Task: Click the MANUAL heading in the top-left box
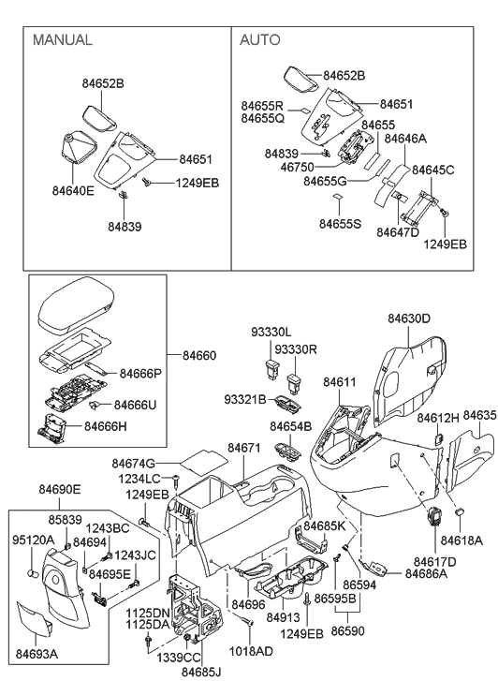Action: [x=62, y=40]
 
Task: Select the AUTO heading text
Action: [x=260, y=40]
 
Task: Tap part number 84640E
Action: [x=74, y=190]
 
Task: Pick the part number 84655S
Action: [x=342, y=225]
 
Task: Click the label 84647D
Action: [x=398, y=231]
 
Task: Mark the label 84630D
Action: [x=409, y=318]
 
